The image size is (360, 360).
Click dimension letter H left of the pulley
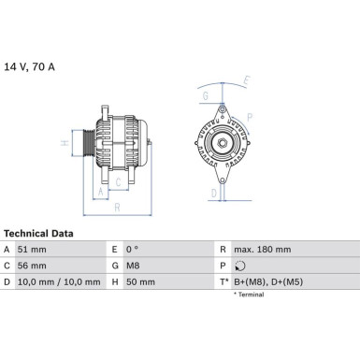coord(62,145)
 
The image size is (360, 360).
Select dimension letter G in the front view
coord(205,95)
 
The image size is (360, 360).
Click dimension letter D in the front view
coord(213,194)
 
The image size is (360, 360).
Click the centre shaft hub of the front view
coord(223,143)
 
